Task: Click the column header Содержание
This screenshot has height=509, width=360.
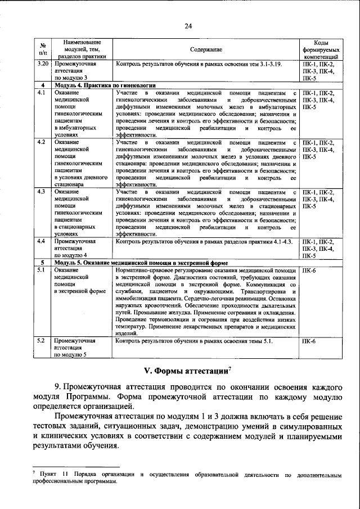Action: pos(205,49)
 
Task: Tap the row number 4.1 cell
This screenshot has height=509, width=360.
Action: pos(40,92)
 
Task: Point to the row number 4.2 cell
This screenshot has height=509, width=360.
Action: pos(40,142)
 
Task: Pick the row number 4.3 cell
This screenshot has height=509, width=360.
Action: pos(40,192)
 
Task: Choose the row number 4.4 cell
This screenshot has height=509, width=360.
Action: pos(40,241)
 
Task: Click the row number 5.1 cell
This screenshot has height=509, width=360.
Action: pos(40,271)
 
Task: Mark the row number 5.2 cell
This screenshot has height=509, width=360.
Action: pos(40,341)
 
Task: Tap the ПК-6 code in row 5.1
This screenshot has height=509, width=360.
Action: pos(309,271)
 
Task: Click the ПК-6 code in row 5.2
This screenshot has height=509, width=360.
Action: pos(309,341)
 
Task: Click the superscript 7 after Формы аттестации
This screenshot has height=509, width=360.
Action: pos(230,368)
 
